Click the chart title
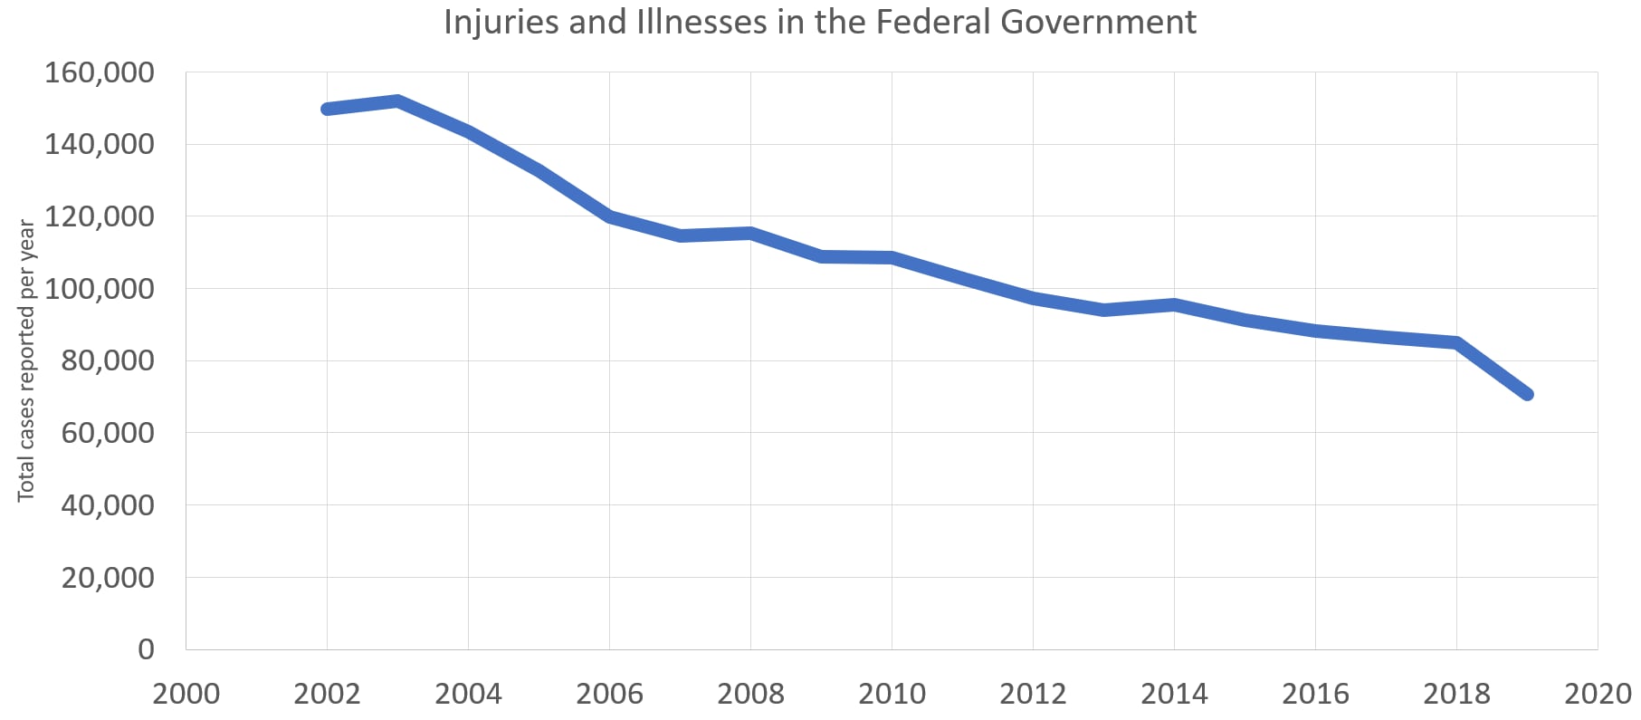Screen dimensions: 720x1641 pos(819,22)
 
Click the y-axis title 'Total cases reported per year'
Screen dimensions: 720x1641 pos(26,360)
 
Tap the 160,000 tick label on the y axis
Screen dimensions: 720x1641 pos(100,72)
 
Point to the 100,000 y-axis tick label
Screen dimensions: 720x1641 pos(100,289)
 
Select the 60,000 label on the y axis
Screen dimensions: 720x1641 pos(108,433)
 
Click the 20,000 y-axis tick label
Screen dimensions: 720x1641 pos(108,577)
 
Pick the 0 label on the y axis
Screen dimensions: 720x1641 pos(146,649)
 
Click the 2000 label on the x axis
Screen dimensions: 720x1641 pos(186,694)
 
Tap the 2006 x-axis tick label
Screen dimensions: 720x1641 pos(609,694)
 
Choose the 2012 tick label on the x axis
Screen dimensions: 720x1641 pos(1033,694)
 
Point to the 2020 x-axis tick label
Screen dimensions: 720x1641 pos(1598,694)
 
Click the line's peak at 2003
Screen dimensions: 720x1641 pos(397,101)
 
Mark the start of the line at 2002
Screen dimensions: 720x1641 pos(327,109)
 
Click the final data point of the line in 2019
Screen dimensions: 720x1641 pos(1527,394)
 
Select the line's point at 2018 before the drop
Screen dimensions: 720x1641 pos(1456,342)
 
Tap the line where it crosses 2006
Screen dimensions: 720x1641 pos(609,216)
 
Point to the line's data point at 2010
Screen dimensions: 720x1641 pos(892,258)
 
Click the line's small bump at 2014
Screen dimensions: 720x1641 pos(1174,304)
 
